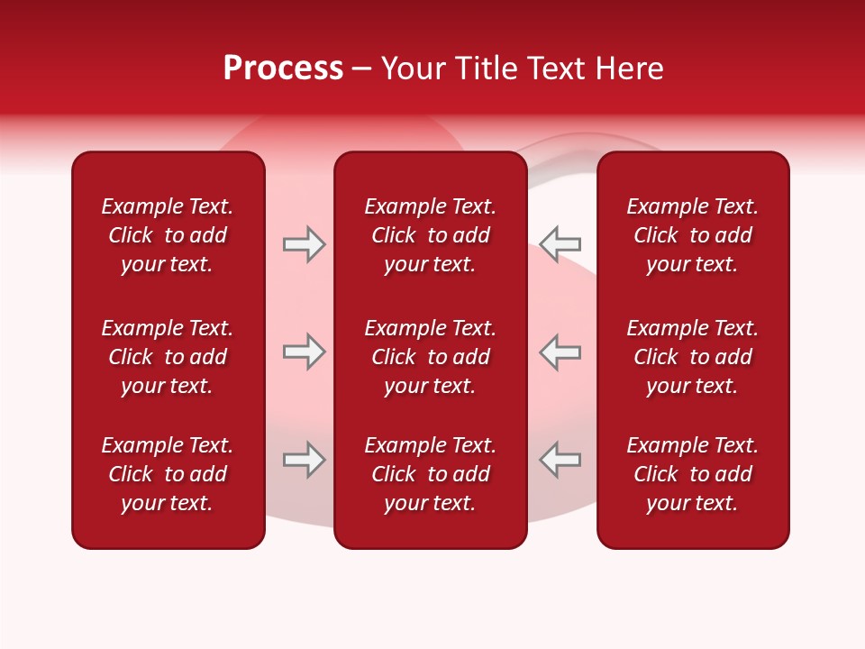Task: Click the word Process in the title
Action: (x=283, y=69)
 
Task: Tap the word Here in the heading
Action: (x=628, y=69)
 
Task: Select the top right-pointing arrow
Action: (x=305, y=244)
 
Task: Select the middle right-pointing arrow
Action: (x=305, y=352)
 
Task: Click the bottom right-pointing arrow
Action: (x=305, y=459)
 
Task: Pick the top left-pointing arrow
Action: (x=560, y=243)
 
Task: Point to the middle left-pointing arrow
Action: (x=560, y=352)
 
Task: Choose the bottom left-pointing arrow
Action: (x=560, y=459)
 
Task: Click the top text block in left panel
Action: (x=168, y=235)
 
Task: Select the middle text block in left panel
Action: (x=168, y=357)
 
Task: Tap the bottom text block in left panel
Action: (x=168, y=474)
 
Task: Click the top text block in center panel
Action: (x=430, y=235)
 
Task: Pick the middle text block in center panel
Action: (x=430, y=357)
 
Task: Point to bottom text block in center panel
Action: (x=430, y=474)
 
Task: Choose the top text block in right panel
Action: (x=692, y=235)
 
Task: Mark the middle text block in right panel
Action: (x=692, y=357)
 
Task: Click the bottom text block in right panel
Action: (x=692, y=474)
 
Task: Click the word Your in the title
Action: (x=411, y=69)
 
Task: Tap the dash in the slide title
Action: (x=362, y=69)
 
